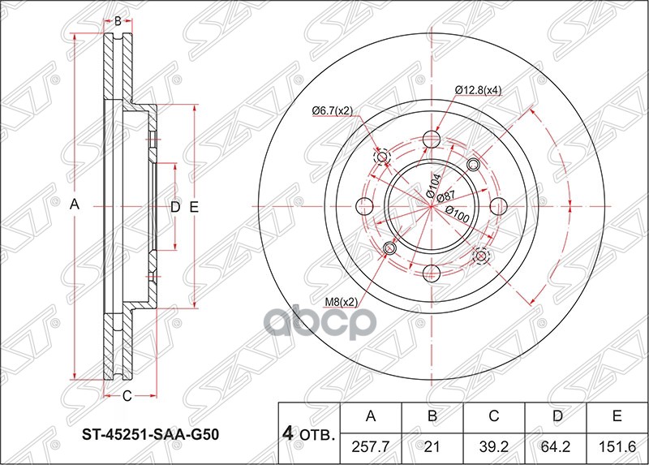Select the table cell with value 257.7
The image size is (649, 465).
(x=372, y=445)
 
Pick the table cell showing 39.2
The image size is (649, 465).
(x=494, y=445)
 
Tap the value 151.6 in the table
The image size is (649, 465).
(x=617, y=445)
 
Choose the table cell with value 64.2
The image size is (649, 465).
(x=556, y=445)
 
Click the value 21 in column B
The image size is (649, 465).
(x=433, y=445)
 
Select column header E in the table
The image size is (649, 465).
(x=617, y=417)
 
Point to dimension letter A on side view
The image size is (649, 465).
(x=74, y=207)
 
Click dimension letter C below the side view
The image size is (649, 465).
(x=127, y=396)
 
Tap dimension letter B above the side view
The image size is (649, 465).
(x=118, y=20)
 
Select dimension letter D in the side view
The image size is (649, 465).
(x=174, y=208)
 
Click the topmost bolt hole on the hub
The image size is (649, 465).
(x=432, y=142)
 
